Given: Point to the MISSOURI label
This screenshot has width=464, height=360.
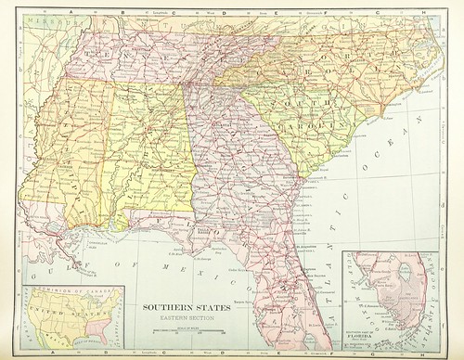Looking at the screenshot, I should point(41,19).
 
